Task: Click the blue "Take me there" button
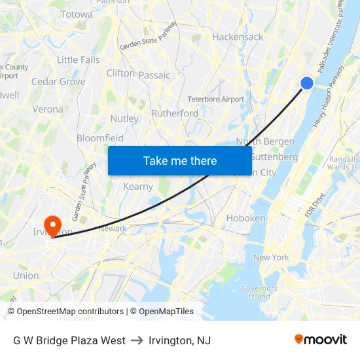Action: (180, 161)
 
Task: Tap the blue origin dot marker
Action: (307, 82)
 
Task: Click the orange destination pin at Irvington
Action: (51, 225)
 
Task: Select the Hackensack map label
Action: (238, 37)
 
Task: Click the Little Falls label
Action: (79, 60)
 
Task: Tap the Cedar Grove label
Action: (58, 82)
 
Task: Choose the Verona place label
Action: (48, 109)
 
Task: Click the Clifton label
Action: (120, 73)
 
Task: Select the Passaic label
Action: (154, 75)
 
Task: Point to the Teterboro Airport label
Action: (215, 99)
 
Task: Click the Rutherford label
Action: (175, 113)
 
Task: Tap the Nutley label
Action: (124, 118)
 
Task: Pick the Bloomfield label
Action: (100, 138)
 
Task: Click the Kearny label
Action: (138, 187)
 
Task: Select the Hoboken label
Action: (245, 218)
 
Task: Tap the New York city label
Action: (271, 257)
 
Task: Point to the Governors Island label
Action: (259, 292)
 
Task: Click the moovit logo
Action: (321, 340)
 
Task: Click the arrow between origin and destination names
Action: (137, 340)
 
